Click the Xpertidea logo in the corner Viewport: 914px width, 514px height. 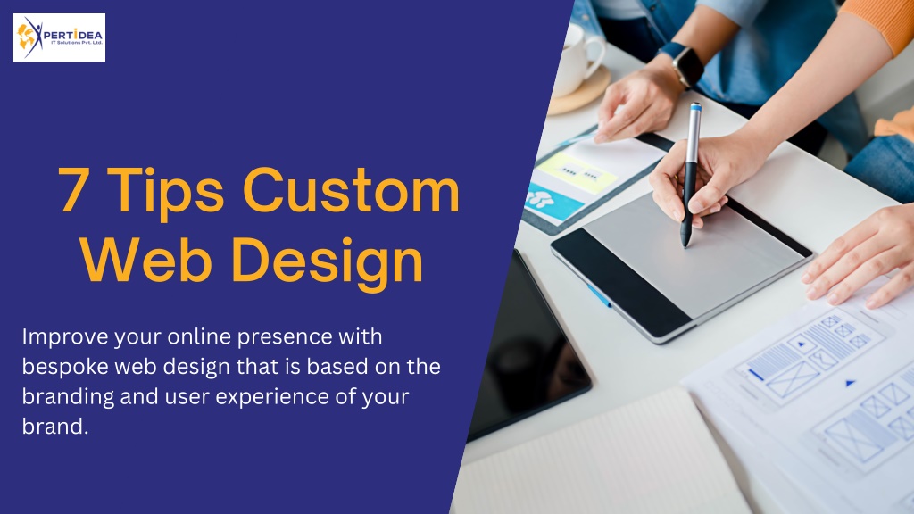pos(59,37)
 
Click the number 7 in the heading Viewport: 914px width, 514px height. pos(73,190)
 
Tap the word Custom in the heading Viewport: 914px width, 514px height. pos(352,190)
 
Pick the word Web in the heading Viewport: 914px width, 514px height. pos(145,260)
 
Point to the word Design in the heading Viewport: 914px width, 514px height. pos(327,264)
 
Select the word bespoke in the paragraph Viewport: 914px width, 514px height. pos(65,367)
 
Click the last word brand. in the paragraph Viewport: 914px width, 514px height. pos(55,427)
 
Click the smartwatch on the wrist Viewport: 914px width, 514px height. pos(685,63)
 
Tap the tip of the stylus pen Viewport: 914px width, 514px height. pos(685,245)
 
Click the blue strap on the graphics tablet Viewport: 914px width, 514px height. pos(600,296)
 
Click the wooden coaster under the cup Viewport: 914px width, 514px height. pos(580,92)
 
